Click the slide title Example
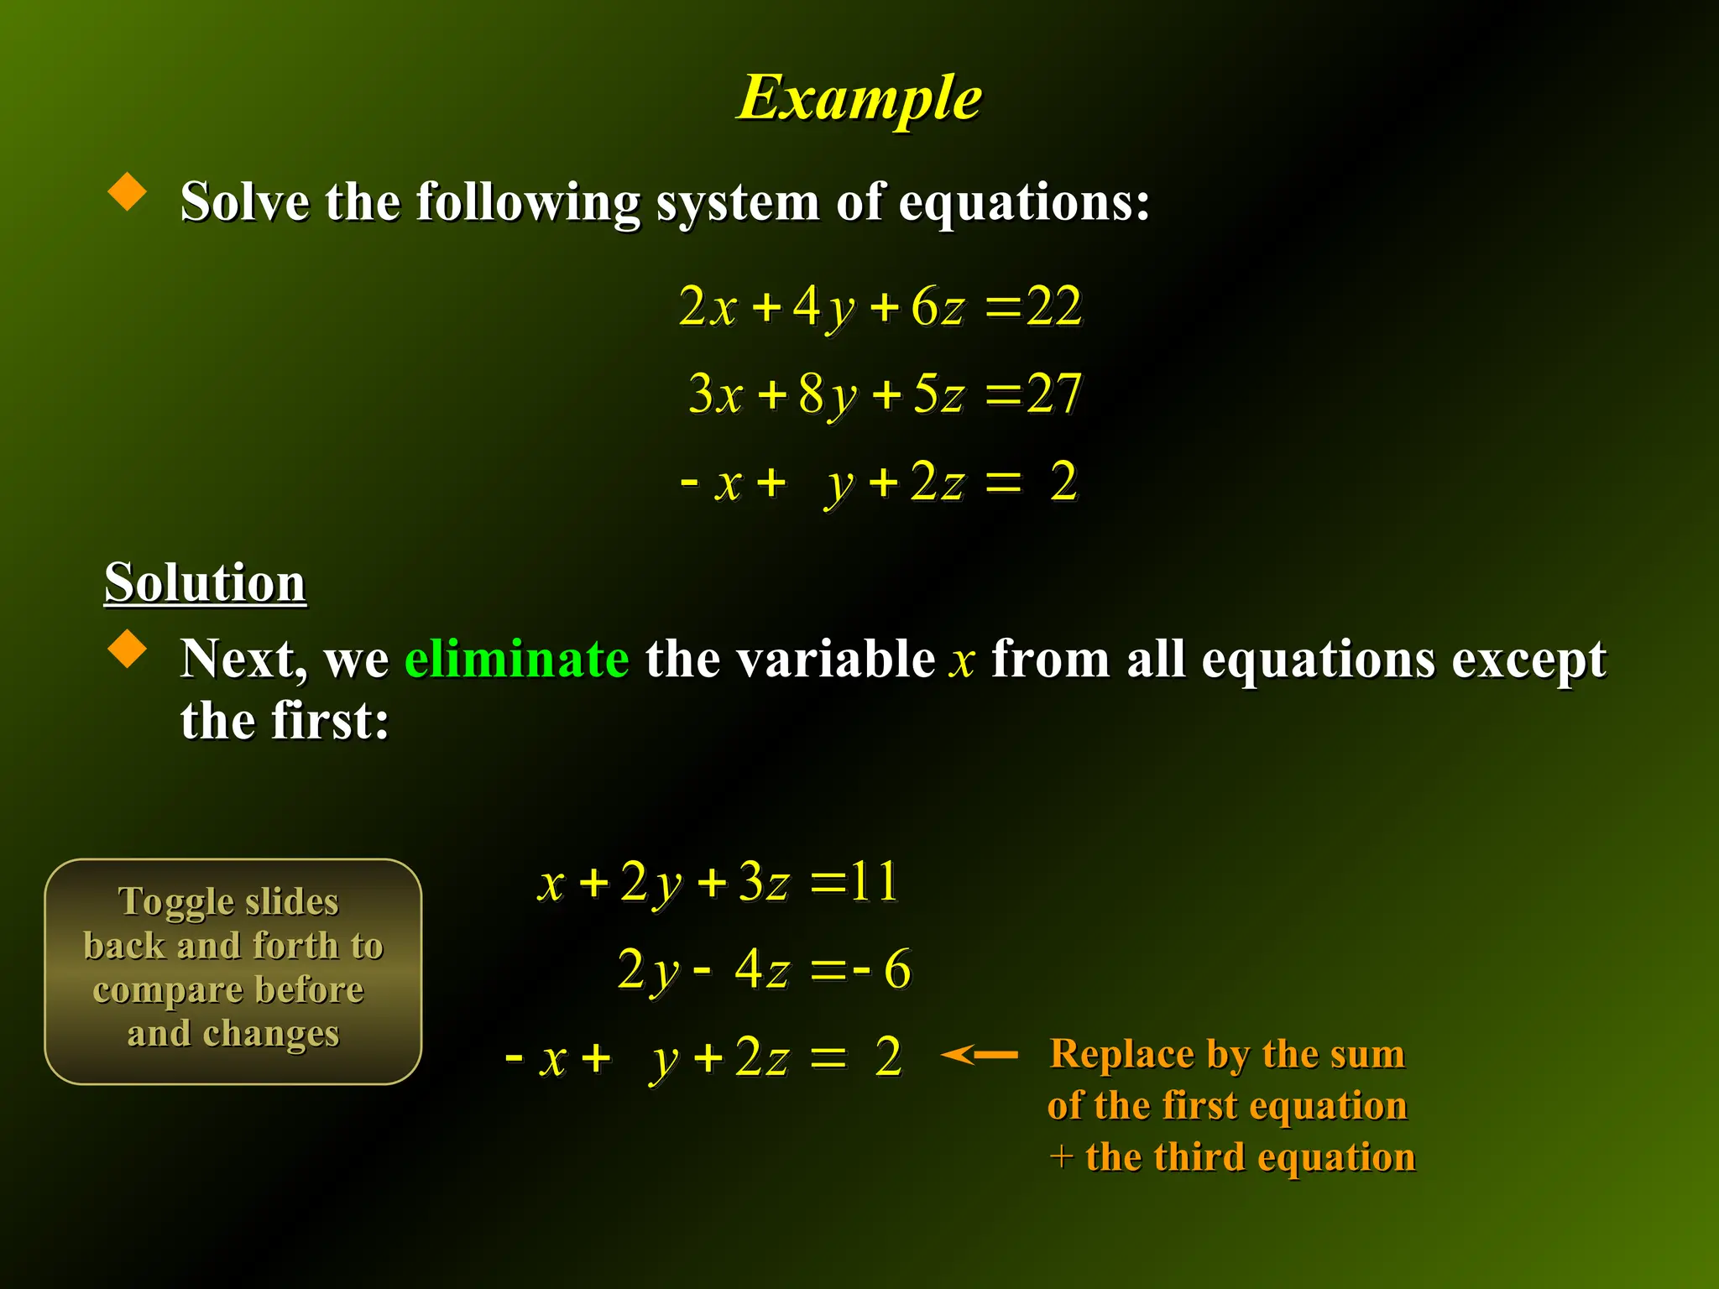coord(859,99)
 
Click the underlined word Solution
coord(205,582)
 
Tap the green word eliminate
coord(516,658)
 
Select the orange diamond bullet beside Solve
coord(128,191)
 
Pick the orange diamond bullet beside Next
coord(128,649)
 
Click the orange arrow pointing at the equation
coord(979,1054)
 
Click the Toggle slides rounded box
coord(233,971)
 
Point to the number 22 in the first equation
coord(1054,306)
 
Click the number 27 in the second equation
coord(1054,394)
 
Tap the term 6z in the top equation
coord(938,306)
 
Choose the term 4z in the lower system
coord(762,969)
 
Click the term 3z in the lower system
coord(764,882)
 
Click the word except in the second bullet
coord(1529,660)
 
